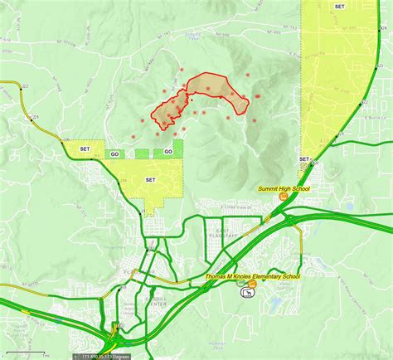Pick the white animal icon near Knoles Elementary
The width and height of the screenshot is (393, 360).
(x=244, y=291)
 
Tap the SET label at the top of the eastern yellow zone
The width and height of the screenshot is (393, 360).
(x=339, y=6)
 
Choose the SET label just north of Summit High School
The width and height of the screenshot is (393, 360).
(x=304, y=158)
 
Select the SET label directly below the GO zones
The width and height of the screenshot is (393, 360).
(x=150, y=179)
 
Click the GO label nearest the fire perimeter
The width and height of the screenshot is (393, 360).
(x=168, y=151)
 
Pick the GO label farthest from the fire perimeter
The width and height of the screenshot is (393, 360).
(x=115, y=153)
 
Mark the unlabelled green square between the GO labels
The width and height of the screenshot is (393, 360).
(x=142, y=153)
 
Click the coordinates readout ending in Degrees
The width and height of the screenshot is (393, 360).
(x=105, y=356)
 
